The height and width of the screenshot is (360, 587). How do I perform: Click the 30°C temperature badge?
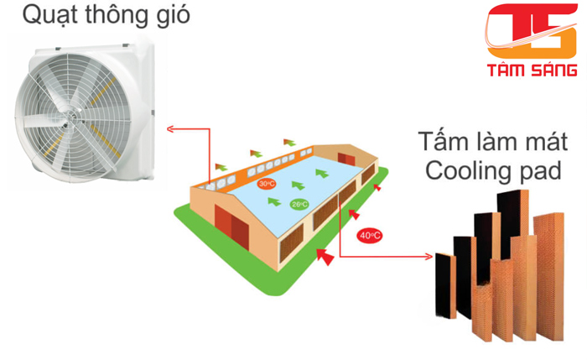coord(267,184)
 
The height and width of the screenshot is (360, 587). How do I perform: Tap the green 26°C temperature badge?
coord(299,203)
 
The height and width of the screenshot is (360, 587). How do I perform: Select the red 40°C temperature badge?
coord(369,235)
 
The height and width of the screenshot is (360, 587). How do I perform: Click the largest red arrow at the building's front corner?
coord(325,256)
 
